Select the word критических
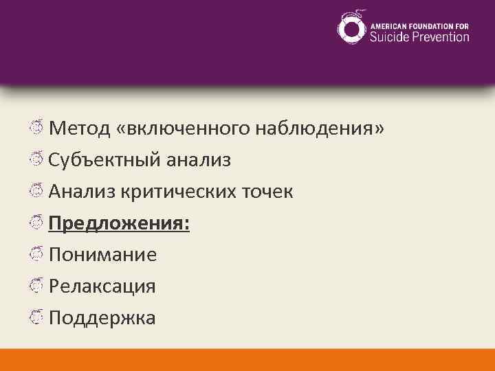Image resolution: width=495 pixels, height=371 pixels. [x=179, y=192]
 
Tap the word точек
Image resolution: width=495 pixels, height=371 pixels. [x=269, y=192]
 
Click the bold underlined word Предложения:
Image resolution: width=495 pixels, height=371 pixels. [x=120, y=223]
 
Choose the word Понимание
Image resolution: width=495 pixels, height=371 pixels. [x=103, y=255]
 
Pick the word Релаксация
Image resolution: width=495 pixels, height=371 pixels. [x=102, y=286]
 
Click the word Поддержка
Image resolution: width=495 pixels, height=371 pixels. [x=102, y=318]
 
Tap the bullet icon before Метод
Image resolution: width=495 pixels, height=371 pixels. [x=37, y=128]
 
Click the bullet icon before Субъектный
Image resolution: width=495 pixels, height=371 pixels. [x=37, y=159]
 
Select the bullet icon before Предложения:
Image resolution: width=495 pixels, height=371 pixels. [x=37, y=223]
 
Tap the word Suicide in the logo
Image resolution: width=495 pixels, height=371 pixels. [x=389, y=36]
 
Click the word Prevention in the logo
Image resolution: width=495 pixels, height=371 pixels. [x=441, y=36]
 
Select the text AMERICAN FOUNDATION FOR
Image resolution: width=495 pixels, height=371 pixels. [x=420, y=24]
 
